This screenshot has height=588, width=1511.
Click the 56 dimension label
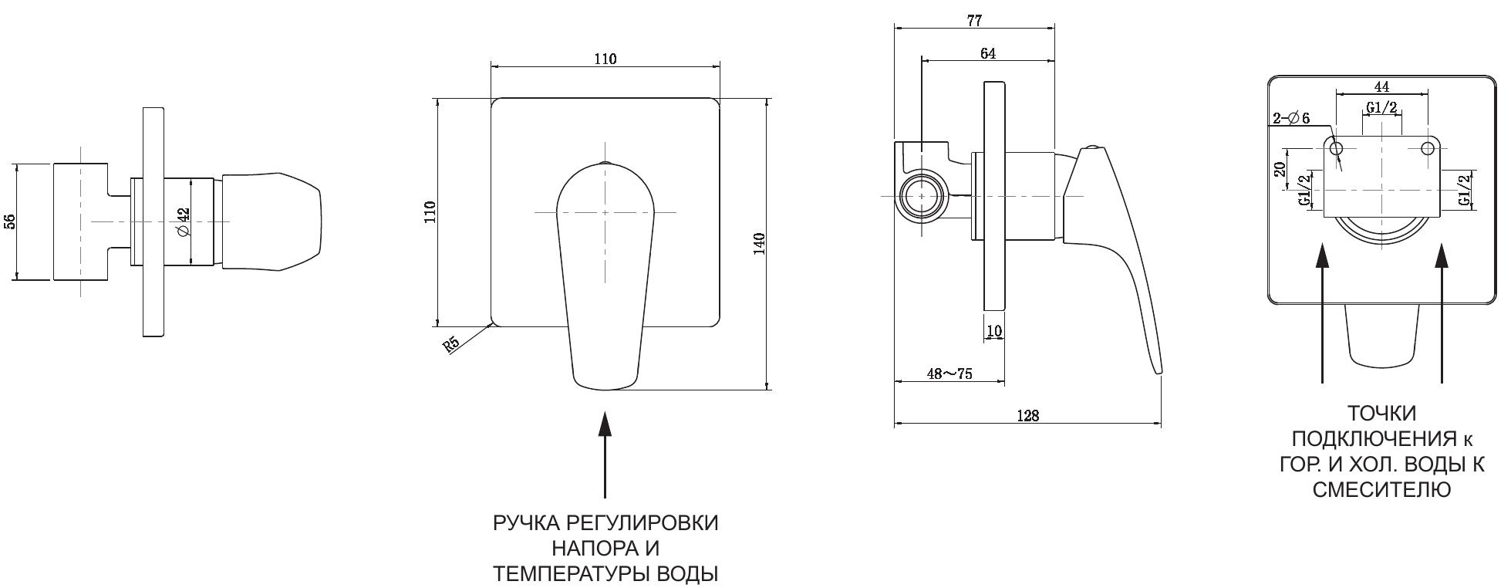click(x=10, y=221)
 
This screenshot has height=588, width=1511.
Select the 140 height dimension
click(x=759, y=244)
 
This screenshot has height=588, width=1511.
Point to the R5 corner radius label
click(x=451, y=344)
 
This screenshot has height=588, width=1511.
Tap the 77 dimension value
click(x=974, y=21)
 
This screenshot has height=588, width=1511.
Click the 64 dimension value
click(x=987, y=53)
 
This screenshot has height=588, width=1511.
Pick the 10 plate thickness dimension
click(x=994, y=331)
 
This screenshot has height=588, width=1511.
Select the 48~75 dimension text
click(x=949, y=373)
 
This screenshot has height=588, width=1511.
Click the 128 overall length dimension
click(x=1027, y=416)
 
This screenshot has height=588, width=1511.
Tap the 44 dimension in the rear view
click(x=1381, y=86)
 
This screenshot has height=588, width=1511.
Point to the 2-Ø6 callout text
click(x=1291, y=118)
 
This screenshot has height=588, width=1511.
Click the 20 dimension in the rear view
click(x=1280, y=170)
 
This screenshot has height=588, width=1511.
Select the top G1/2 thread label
click(x=1381, y=108)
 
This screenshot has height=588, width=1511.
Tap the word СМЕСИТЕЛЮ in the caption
click(x=1381, y=489)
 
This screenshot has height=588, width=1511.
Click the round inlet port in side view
click(x=922, y=196)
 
